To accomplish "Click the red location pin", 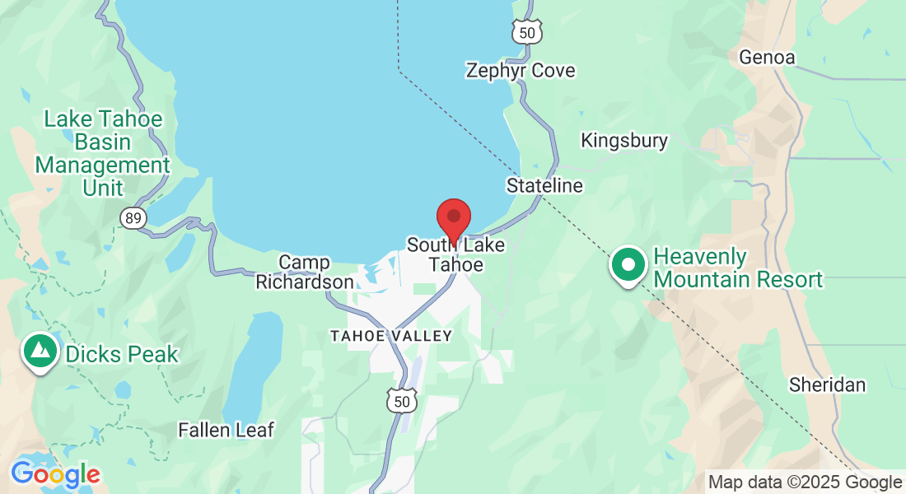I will (453, 218).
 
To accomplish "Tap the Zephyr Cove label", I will (520, 70).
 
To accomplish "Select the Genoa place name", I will (767, 58).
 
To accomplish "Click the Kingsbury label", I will (624, 141).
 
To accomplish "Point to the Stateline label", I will (544, 185).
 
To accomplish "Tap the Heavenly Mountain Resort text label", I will (738, 268).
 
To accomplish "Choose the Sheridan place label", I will (827, 384).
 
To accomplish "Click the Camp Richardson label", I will (304, 273).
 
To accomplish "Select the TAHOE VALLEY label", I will (391, 336).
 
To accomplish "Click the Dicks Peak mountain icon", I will (39, 352).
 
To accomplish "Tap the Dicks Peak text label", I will (122, 355).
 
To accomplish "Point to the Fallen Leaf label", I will (226, 430).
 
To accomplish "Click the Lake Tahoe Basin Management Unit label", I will (103, 153).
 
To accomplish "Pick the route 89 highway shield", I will (133, 218).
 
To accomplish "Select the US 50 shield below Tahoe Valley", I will (402, 401).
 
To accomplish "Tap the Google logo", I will (55, 475).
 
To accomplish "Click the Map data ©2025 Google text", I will (805, 482).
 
